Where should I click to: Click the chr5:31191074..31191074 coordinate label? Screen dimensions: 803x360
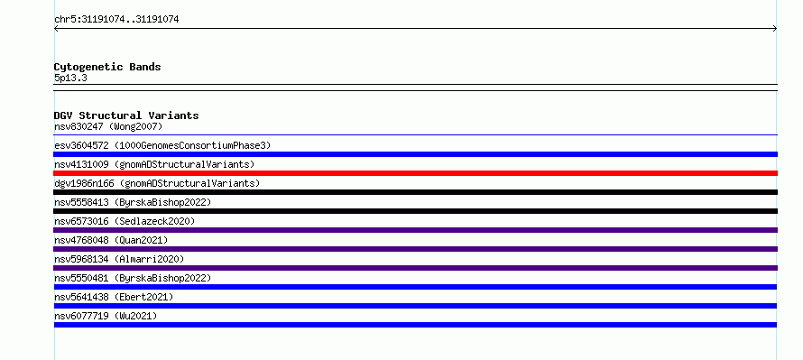(116, 20)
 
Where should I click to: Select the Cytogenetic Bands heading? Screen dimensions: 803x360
(107, 67)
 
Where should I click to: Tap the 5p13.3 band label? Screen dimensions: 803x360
(70, 78)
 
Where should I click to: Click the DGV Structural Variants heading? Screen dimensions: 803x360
(126, 115)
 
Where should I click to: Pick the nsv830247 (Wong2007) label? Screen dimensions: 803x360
(108, 126)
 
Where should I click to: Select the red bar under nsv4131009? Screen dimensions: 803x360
(415, 173)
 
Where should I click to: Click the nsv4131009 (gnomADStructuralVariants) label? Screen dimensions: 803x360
(154, 164)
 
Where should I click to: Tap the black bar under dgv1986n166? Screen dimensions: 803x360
(415, 192)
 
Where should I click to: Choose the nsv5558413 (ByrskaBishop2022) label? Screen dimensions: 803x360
(133, 202)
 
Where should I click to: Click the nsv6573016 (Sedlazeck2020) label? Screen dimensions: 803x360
(125, 221)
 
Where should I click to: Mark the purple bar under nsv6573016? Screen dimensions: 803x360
(415, 230)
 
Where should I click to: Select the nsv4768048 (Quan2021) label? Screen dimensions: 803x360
(111, 240)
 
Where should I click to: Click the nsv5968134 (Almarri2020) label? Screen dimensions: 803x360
(119, 259)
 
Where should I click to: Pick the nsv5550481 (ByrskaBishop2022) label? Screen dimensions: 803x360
(133, 278)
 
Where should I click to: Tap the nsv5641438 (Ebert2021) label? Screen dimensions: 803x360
(114, 297)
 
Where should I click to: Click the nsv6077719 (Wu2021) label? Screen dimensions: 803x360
(106, 316)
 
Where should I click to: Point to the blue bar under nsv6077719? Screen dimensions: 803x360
(415, 325)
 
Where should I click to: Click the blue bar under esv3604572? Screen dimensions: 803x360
(415, 154)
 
